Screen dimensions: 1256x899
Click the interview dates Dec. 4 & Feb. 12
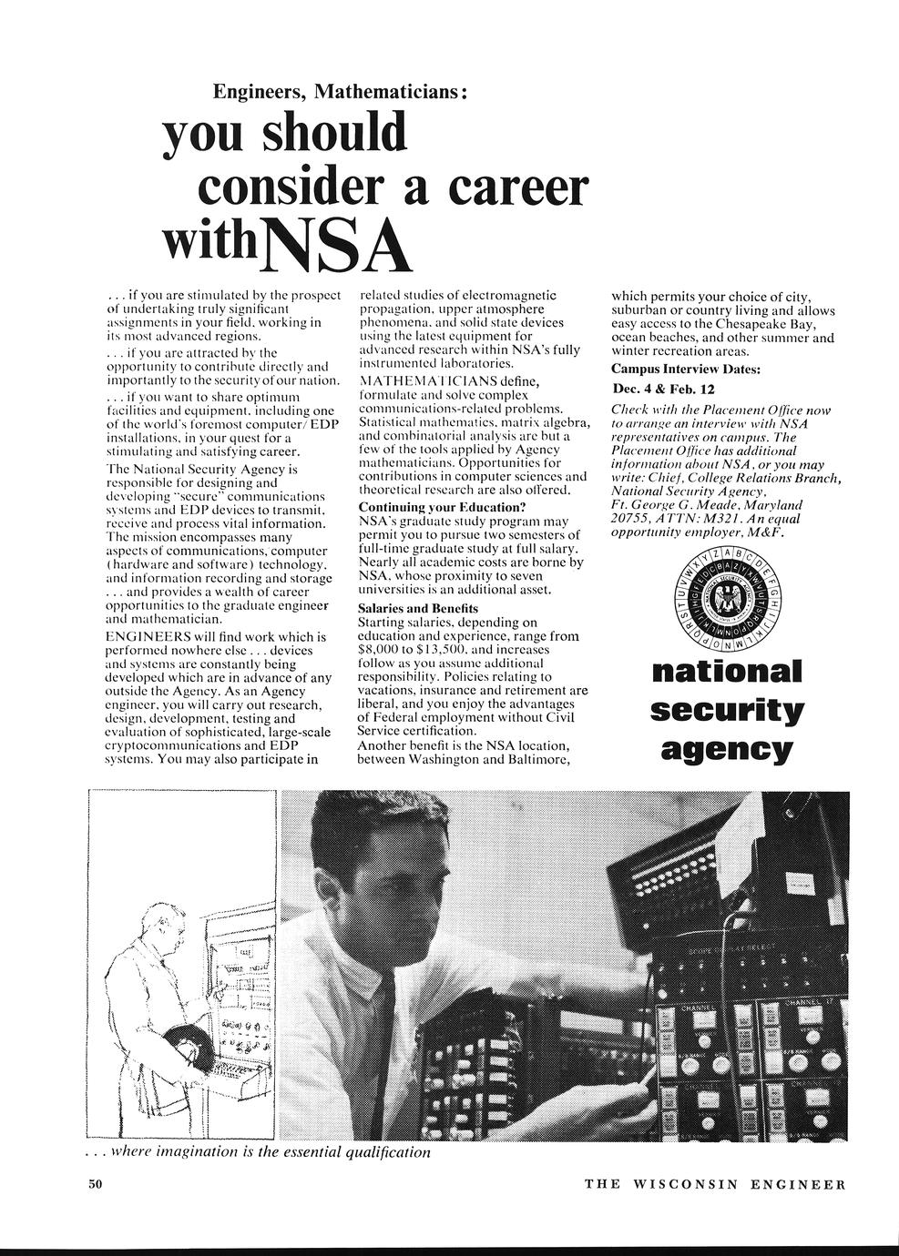click(x=664, y=389)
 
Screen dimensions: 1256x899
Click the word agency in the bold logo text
click(x=726, y=750)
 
